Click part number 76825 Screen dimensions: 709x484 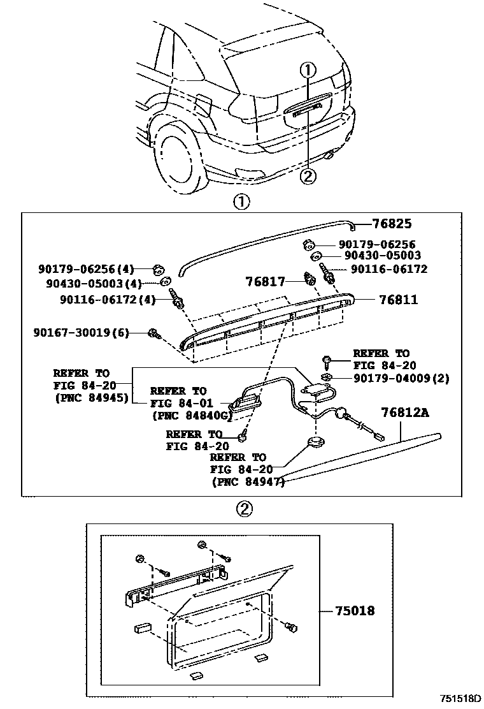[x=392, y=224]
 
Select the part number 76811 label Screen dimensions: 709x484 [x=399, y=299]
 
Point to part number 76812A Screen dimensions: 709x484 [x=405, y=413]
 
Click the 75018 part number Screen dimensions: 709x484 [x=355, y=611]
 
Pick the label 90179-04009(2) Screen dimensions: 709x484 [x=402, y=378]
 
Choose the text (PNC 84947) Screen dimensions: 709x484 [x=248, y=482]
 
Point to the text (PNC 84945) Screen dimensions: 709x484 [x=91, y=398]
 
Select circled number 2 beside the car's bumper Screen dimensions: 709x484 [x=308, y=175]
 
